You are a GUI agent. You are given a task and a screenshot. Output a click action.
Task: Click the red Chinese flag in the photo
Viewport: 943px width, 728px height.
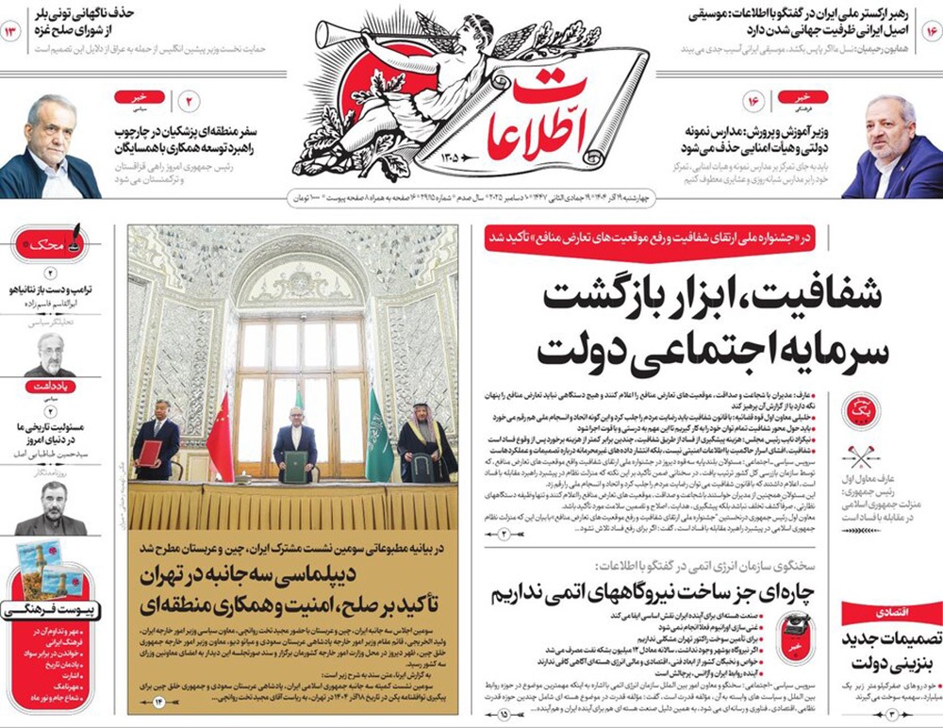coord(220,438)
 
